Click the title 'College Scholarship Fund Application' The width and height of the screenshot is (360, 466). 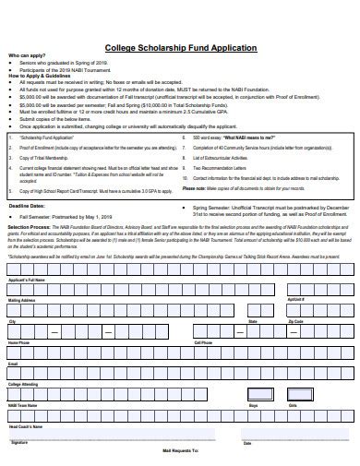point(180,48)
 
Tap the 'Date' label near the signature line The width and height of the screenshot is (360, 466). point(247,442)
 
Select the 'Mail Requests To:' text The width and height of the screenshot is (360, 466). point(180,452)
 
